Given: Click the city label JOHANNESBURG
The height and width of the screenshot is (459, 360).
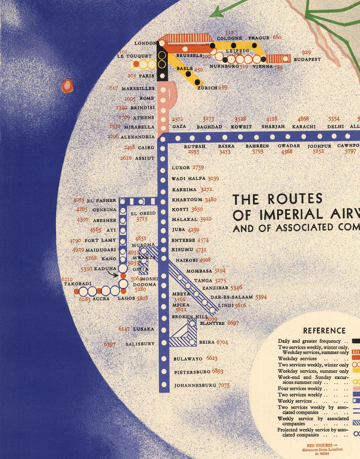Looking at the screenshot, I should point(195,386).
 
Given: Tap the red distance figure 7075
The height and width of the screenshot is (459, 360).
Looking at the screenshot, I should point(224,385).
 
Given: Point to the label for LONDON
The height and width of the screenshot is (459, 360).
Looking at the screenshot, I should point(145,43).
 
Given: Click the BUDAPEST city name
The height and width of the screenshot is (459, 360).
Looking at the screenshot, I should point(307,59).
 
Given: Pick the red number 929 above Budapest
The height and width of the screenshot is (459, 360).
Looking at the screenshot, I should point(306,52).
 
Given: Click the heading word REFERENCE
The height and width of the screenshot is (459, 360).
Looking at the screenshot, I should point(324,331).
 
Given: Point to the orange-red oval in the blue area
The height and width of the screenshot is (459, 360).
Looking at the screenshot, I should point(67,85).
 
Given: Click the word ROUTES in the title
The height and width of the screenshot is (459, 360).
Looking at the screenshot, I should point(295,199).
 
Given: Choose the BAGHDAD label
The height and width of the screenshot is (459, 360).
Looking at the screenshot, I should point(209,127).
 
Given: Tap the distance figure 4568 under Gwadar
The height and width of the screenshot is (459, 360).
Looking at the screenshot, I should point(286,152).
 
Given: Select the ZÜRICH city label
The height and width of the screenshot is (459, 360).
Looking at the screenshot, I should point(207,88).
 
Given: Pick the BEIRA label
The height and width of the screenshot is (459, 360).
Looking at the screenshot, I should point(206,342).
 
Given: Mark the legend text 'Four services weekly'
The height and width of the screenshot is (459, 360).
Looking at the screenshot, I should point(300,388).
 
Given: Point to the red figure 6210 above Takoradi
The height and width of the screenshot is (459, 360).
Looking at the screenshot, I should point(67,279).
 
